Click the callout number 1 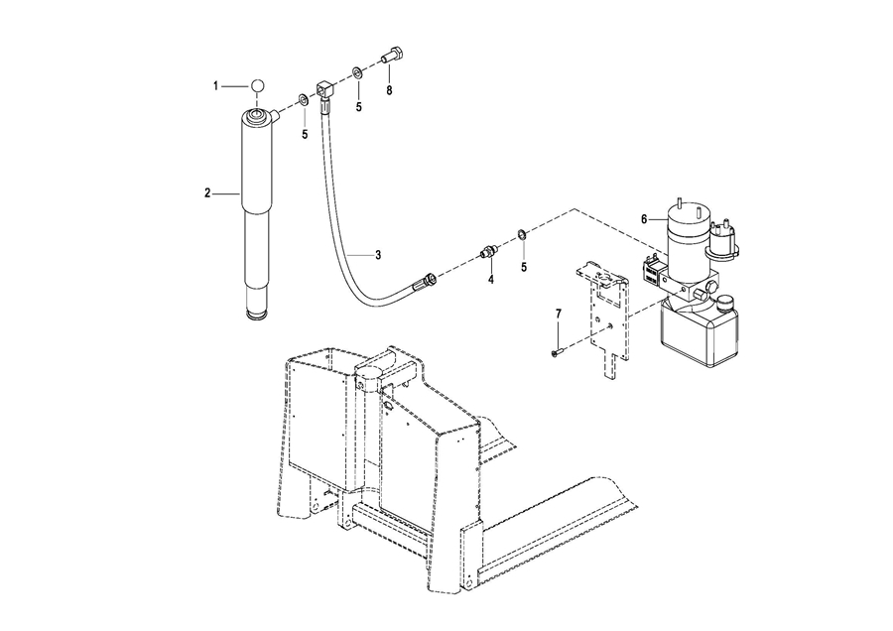pyautogui.click(x=216, y=86)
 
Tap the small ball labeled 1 pyautogui.click(x=257, y=86)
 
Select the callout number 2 pyautogui.click(x=208, y=193)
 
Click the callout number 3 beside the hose pyautogui.click(x=378, y=255)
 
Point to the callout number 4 pyautogui.click(x=490, y=279)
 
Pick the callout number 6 pyautogui.click(x=644, y=218)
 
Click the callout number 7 pyautogui.click(x=558, y=314)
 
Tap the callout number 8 pyautogui.click(x=390, y=90)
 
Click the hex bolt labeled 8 pyautogui.click(x=394, y=56)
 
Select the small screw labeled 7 pyautogui.click(x=557, y=353)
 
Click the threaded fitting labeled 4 pyautogui.click(x=489, y=251)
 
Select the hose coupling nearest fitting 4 pyautogui.click(x=430, y=279)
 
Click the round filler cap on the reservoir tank pyautogui.click(x=725, y=303)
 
